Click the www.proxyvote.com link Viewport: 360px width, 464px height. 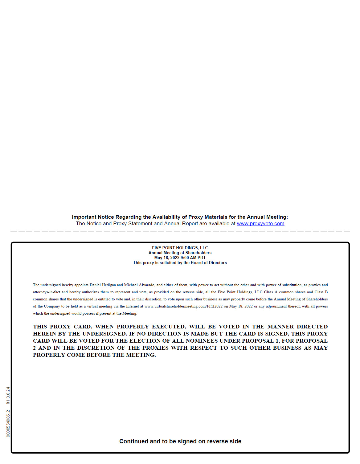click(x=260, y=224)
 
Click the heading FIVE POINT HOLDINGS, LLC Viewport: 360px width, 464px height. click(x=180, y=248)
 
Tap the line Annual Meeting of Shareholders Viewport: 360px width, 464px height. click(x=180, y=253)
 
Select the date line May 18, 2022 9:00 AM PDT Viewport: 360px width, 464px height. click(x=180, y=258)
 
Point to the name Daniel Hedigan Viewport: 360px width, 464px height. click(x=103, y=285)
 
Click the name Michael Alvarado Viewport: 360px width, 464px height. click(x=139, y=285)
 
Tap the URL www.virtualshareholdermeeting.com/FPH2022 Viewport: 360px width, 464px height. click(x=183, y=306)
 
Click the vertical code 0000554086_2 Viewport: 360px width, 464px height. click(x=8, y=423)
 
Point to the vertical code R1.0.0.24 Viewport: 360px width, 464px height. click(x=8, y=396)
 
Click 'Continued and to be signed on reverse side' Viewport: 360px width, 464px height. click(x=180, y=441)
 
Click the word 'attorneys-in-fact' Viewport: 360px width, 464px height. click(x=47, y=292)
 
